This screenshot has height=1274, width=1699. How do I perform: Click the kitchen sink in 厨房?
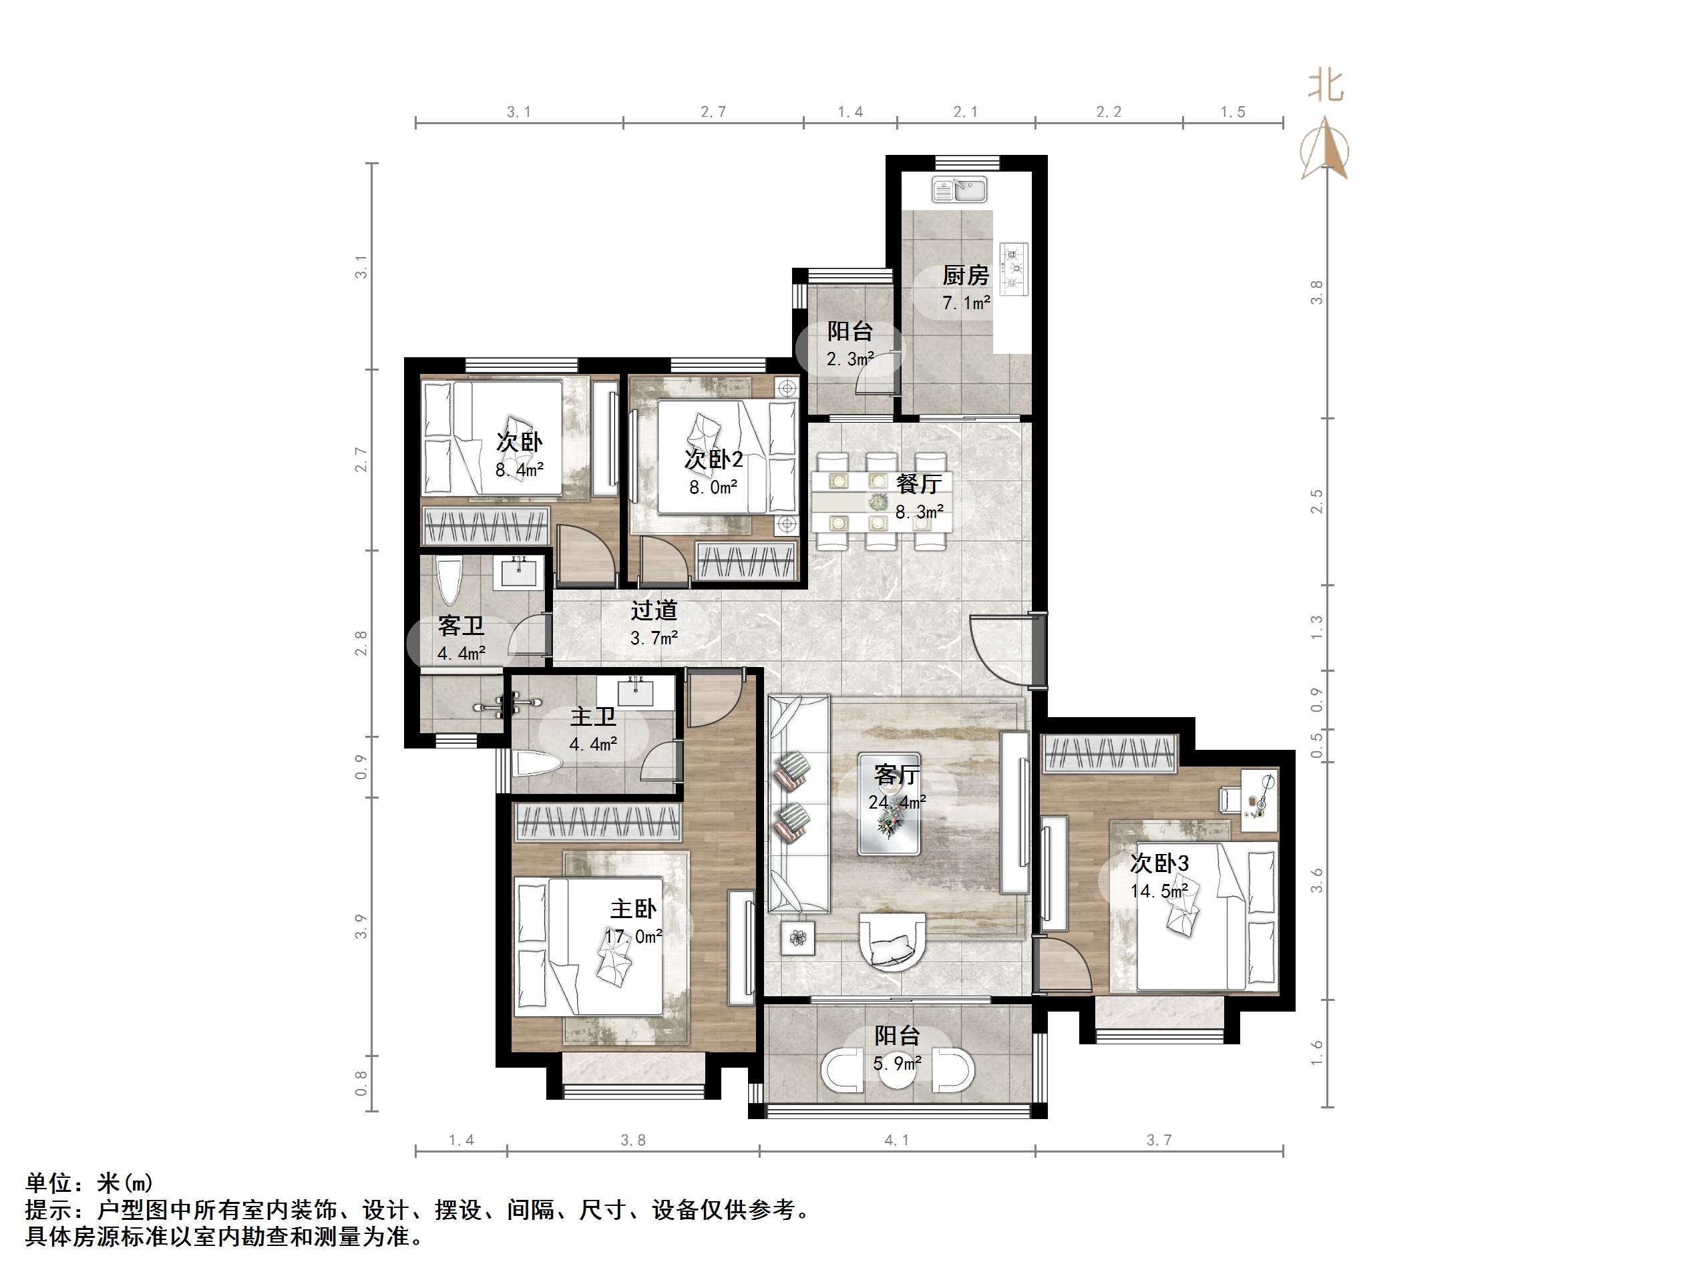click(x=959, y=189)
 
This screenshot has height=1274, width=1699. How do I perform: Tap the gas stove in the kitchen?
click(x=1014, y=268)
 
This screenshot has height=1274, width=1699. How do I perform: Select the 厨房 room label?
click(x=966, y=275)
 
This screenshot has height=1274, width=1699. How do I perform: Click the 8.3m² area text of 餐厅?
click(x=920, y=511)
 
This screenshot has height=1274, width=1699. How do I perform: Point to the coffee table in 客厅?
click(x=889, y=803)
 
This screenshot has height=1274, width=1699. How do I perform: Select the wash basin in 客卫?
click(x=522, y=573)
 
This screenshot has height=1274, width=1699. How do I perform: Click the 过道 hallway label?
click(x=654, y=610)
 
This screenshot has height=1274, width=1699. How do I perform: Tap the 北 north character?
click(x=1326, y=85)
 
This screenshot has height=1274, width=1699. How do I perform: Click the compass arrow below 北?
click(x=1325, y=148)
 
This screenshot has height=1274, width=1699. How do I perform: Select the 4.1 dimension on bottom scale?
click(x=896, y=1140)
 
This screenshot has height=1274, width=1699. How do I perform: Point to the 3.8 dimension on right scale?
click(x=1317, y=292)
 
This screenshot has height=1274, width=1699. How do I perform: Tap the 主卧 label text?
click(x=633, y=909)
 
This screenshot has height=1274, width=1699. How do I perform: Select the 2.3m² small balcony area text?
click(x=850, y=359)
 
